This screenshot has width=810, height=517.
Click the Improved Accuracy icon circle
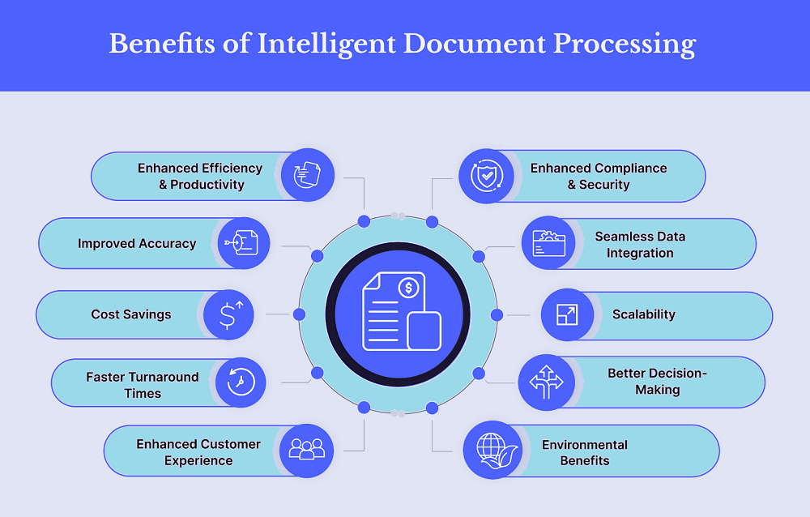click(x=244, y=243)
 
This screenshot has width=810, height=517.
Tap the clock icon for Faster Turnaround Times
click(x=240, y=382)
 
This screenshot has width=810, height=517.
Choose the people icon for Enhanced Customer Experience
click(x=307, y=450)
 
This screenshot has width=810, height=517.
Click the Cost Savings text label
click(x=131, y=314)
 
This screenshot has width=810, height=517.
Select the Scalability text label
click(x=644, y=314)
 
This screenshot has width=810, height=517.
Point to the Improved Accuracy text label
click(x=137, y=243)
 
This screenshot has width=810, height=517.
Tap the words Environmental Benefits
click(x=585, y=452)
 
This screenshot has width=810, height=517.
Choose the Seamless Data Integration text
click(x=640, y=245)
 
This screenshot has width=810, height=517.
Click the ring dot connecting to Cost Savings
click(x=300, y=314)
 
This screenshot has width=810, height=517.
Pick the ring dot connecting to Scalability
click(x=497, y=314)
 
